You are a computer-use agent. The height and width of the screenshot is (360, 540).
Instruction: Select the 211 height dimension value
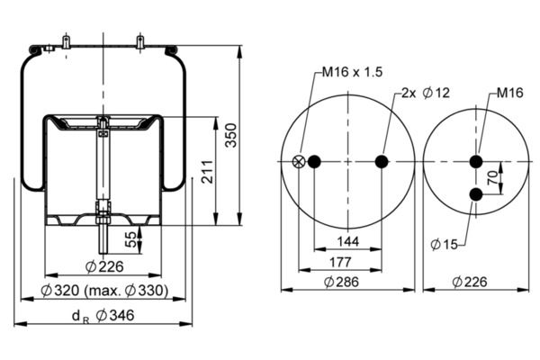pyautogui.click(x=208, y=171)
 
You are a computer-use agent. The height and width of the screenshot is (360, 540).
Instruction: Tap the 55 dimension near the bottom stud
pyautogui.click(x=131, y=238)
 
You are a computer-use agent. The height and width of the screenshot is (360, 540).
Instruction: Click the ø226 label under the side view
pyautogui.click(x=104, y=265)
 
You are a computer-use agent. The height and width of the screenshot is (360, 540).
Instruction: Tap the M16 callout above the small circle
pyautogui.click(x=509, y=93)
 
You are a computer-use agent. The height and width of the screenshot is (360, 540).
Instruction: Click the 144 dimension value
pyautogui.click(x=347, y=241)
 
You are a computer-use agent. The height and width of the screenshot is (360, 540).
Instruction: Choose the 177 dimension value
pyautogui.click(x=347, y=263)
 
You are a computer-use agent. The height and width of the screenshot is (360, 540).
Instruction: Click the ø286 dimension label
pyautogui.click(x=347, y=282)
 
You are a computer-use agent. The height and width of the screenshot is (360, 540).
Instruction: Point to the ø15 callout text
pyautogui.click(x=444, y=244)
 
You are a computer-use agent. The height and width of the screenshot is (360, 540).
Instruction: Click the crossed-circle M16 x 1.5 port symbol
pyautogui.click(x=299, y=162)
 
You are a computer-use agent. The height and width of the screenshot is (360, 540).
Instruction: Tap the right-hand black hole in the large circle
pyautogui.click(x=382, y=162)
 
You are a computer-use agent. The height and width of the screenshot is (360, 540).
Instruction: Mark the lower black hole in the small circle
pyautogui.click(x=477, y=195)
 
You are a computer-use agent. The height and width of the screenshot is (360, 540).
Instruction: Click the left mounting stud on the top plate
pyautogui.click(x=67, y=41)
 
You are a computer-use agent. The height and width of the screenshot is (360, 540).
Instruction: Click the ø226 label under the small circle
pyautogui.click(x=472, y=282)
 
